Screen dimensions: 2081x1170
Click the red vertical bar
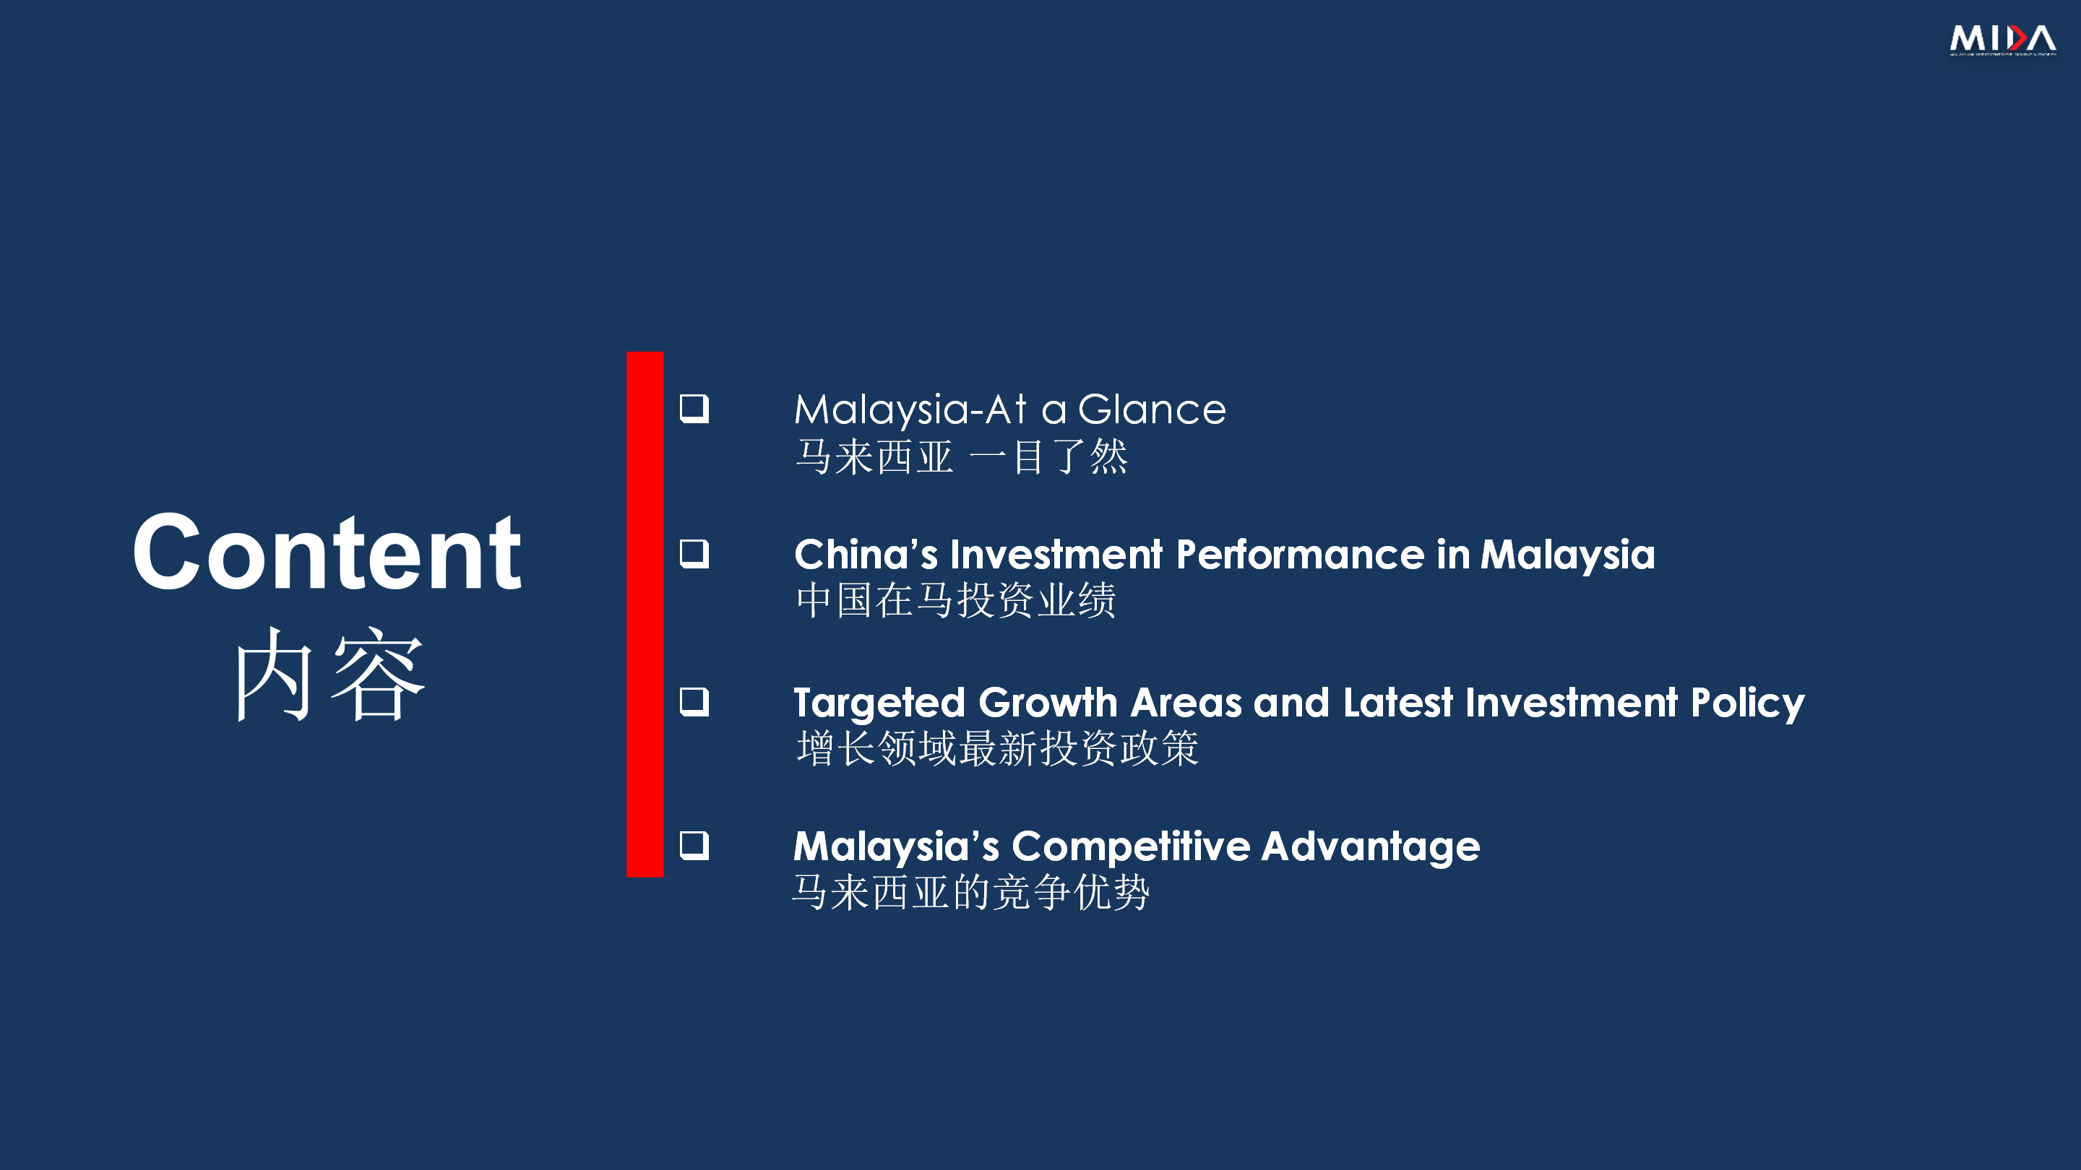645,614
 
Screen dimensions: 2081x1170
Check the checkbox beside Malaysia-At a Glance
694,409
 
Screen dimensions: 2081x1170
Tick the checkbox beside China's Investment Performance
694,554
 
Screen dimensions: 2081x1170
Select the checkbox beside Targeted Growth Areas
694,702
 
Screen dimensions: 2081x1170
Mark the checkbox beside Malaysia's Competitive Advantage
694,846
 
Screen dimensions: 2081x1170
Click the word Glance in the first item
1152,409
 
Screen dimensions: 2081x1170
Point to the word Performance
1301,555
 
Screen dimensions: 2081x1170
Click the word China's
866,555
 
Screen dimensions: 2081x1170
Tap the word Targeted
880,703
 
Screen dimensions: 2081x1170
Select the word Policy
1747,703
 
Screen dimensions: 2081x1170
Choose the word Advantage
1371,848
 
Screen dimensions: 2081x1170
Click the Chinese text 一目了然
1048,457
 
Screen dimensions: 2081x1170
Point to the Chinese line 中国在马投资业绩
956,601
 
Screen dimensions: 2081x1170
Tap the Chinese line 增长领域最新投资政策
998,747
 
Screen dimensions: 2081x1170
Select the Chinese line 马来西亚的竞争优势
971,892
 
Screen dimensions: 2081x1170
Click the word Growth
1048,703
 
